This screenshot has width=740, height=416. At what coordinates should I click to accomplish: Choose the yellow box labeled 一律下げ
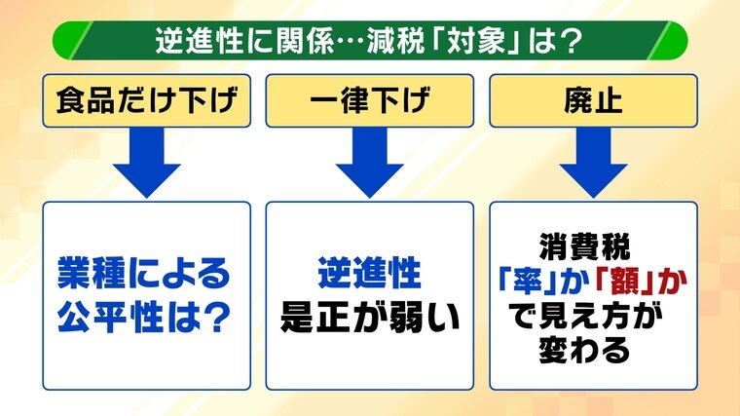368,100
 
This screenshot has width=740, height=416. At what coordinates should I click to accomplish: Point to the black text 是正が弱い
369,317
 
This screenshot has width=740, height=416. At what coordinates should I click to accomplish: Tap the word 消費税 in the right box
593,247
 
